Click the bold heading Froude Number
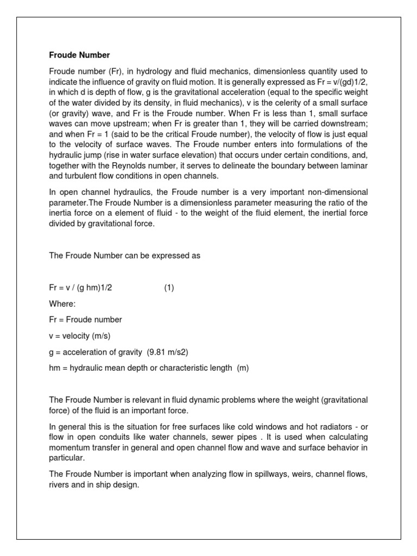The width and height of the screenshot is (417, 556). pyautogui.click(x=79, y=55)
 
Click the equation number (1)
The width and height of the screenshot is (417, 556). pyautogui.click(x=169, y=288)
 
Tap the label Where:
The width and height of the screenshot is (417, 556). pyautogui.click(x=62, y=304)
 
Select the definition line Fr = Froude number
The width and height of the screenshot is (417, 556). pyautogui.click(x=86, y=320)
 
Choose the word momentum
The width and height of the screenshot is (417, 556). pyautogui.click(x=71, y=447)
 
